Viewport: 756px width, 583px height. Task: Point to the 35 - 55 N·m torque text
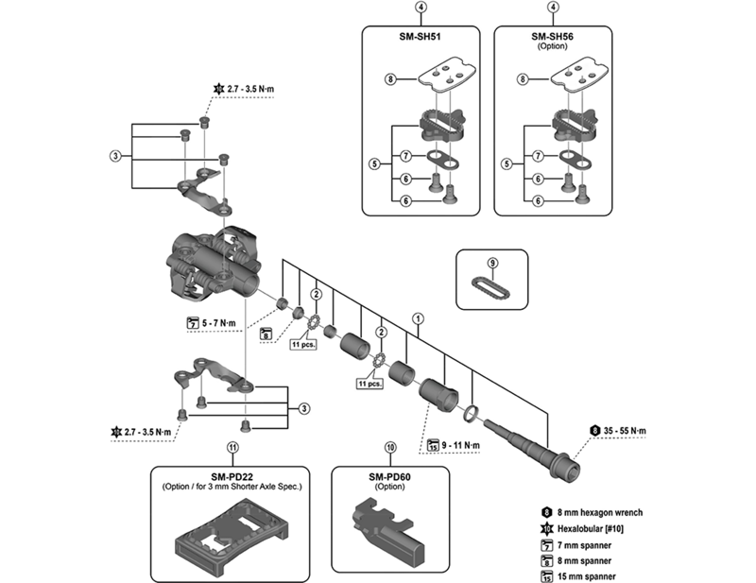click(624, 431)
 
